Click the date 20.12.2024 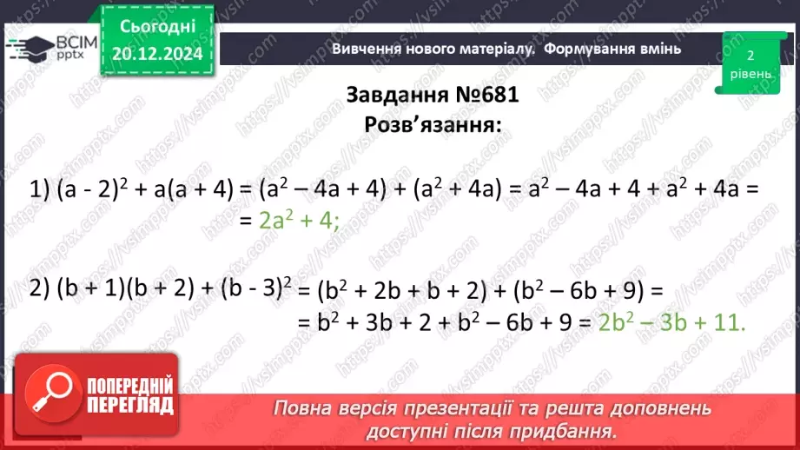click(158, 53)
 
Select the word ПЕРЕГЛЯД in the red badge click(131, 406)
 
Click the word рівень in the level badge click(749, 74)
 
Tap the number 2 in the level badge click(749, 55)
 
